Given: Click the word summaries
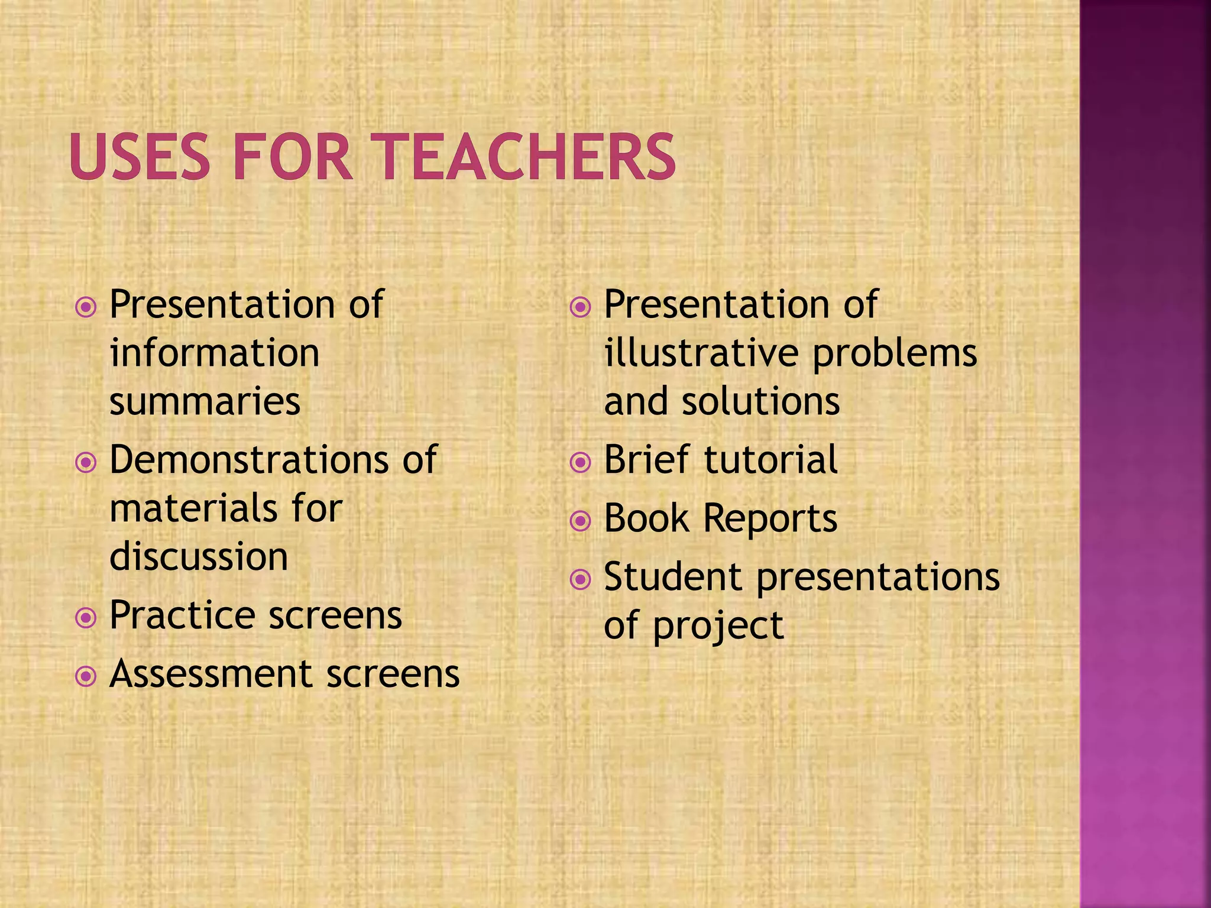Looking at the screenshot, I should pyautogui.click(x=205, y=401).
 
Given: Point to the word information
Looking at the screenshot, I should pyautogui.click(x=214, y=353).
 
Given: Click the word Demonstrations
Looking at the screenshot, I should pyautogui.click(x=249, y=459).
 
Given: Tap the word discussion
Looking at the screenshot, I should pyautogui.click(x=199, y=557).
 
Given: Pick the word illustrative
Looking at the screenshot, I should pyautogui.click(x=701, y=353).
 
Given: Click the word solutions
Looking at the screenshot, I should pyautogui.click(x=760, y=401).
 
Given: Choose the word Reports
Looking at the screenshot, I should pyautogui.click(x=770, y=518).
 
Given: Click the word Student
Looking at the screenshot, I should pyautogui.click(x=672, y=577).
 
